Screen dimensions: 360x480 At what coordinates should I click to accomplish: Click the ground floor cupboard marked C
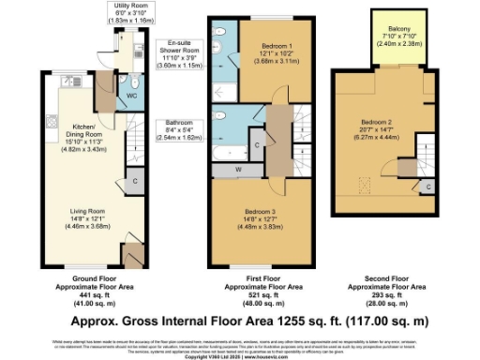(x=136, y=180)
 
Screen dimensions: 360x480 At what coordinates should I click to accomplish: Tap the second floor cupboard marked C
(x=427, y=187)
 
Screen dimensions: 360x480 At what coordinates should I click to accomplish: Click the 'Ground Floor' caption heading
(x=86, y=278)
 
